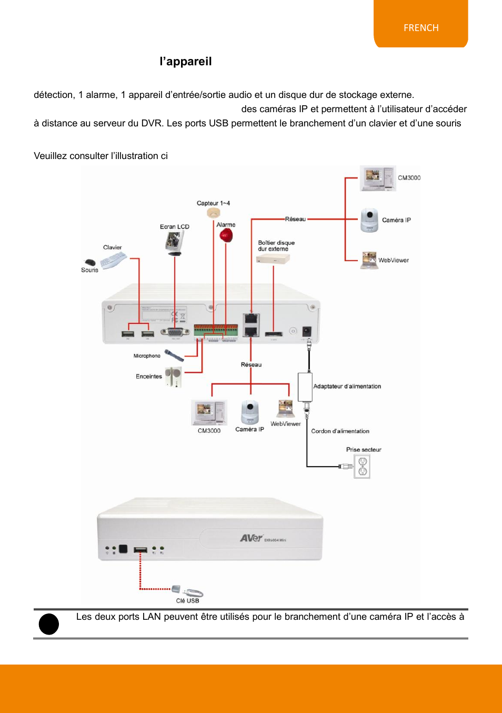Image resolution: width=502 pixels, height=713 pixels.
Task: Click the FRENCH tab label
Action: coord(421,28)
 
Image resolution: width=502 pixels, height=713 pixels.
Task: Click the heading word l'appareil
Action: coord(186,62)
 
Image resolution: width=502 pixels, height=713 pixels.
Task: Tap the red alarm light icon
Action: coord(226,235)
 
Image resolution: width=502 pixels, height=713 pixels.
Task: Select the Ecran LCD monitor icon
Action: coord(174,243)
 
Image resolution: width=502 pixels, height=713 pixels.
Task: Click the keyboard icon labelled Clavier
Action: coord(114,260)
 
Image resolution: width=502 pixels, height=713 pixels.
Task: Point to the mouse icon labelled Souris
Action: coord(90,262)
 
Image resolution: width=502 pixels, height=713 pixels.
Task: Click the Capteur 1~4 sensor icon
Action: coord(213,213)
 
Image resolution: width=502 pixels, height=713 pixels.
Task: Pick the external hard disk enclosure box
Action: coord(273,259)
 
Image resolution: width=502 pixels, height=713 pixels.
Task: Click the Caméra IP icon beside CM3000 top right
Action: coord(369,220)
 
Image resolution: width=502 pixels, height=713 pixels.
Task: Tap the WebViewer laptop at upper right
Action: coord(369,260)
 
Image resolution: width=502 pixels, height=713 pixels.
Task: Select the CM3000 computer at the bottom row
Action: coord(208,413)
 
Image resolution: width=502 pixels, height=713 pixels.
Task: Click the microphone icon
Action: coord(174,355)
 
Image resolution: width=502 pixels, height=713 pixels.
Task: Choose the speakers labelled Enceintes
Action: coord(173,377)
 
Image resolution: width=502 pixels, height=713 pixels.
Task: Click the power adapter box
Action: coord(305,387)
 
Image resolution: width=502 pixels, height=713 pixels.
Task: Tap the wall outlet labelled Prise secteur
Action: coord(363,466)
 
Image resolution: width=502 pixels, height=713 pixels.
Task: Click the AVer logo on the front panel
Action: coord(251,538)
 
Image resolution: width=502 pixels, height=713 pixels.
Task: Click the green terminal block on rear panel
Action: coord(216,330)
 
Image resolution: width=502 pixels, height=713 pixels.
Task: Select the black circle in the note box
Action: coord(49,624)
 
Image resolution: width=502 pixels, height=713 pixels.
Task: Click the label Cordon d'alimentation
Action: coord(340,431)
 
